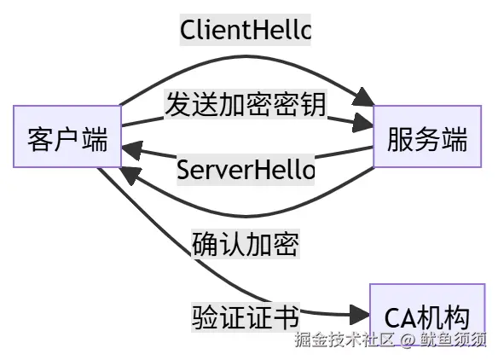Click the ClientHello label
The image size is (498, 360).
[x=246, y=30]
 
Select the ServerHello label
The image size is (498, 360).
[x=246, y=169]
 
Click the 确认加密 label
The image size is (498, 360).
[x=246, y=243]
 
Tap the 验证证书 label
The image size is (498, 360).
[x=246, y=317]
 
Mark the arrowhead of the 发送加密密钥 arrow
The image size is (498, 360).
[x=365, y=125]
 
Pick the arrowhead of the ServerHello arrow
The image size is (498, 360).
[x=130, y=151]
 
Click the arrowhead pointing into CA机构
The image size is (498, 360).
[x=361, y=315]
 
